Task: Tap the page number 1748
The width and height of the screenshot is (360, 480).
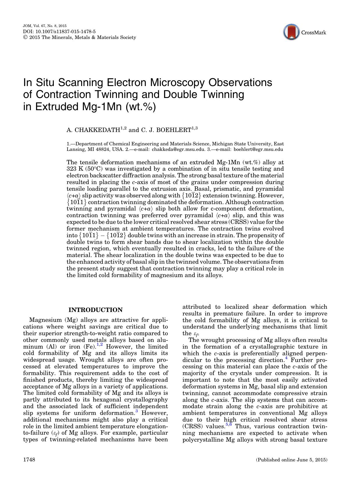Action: pos(29,460)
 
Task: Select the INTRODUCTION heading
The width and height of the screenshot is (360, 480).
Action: pos(95,310)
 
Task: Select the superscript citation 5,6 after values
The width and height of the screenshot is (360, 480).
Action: pos(229,425)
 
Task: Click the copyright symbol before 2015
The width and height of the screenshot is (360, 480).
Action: pos(25,38)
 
